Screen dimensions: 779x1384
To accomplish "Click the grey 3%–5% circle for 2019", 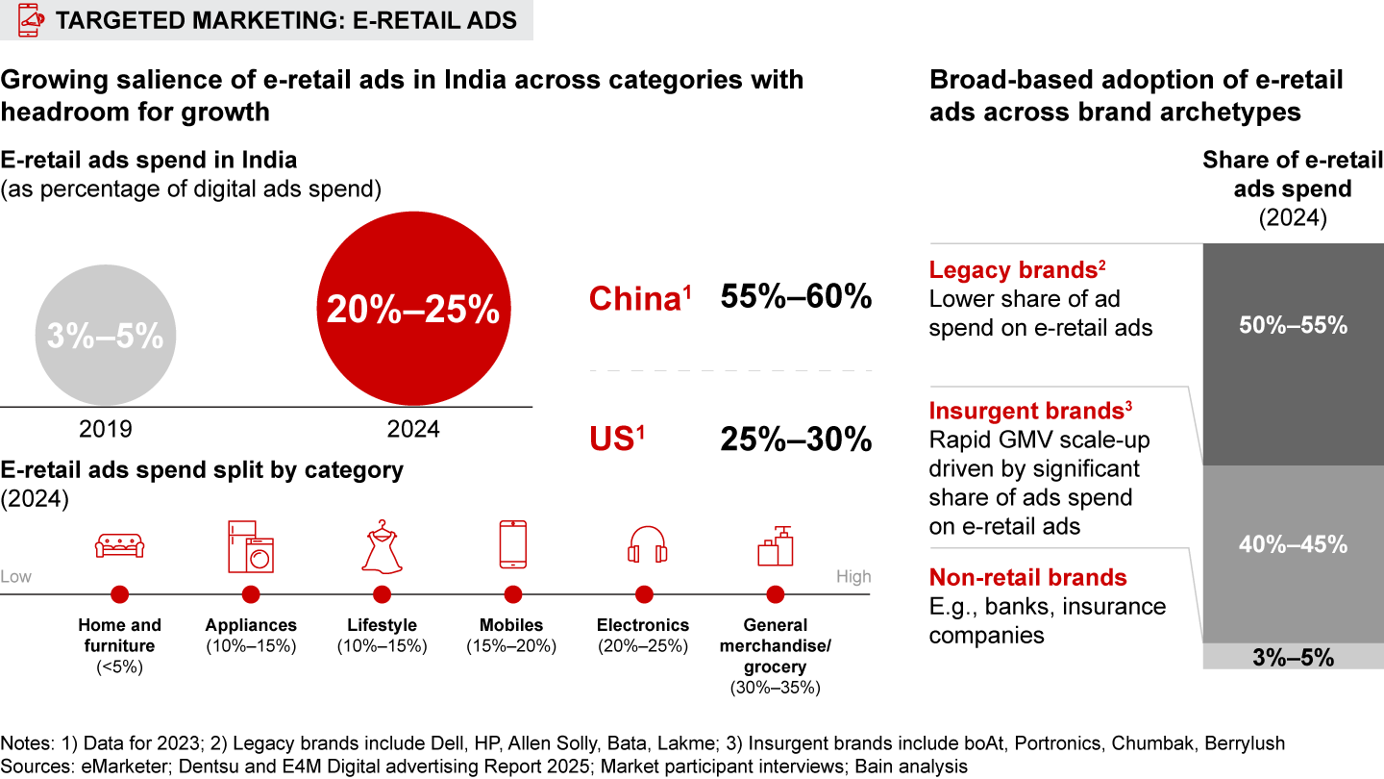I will click(105, 337).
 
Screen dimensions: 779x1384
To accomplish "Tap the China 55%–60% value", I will click(796, 297).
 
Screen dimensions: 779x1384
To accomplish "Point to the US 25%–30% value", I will click(796, 440).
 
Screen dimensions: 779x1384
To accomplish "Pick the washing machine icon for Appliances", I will click(251, 547).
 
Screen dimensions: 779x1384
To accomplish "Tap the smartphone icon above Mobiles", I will click(512, 544).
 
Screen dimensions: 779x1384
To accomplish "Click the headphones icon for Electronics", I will click(644, 545).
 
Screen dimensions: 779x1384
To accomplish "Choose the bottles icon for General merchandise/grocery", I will click(775, 546).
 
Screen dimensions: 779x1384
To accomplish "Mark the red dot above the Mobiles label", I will click(513, 594).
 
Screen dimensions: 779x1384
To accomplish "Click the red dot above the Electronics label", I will click(644, 594).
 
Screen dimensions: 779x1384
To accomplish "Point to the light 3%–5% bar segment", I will click(1292, 657).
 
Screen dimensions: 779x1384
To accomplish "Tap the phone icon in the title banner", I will click(28, 20).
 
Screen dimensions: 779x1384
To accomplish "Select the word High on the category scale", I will click(853, 576).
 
